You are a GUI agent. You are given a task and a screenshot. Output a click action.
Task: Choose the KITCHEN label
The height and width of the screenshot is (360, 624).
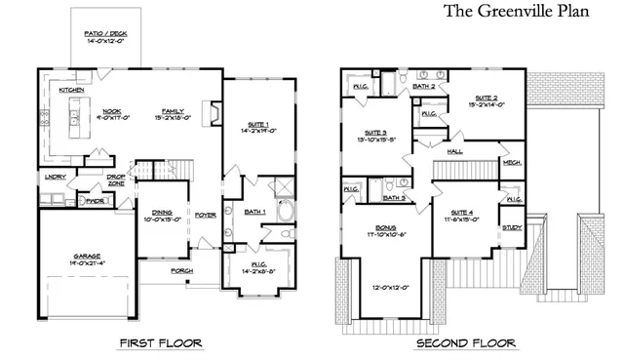click(x=70, y=90)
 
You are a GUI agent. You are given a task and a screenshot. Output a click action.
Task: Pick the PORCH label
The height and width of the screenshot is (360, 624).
click(x=181, y=270)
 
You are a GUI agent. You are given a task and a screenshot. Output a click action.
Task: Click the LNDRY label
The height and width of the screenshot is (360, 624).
click(x=55, y=177)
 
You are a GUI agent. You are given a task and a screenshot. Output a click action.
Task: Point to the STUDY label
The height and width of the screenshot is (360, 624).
click(x=511, y=226)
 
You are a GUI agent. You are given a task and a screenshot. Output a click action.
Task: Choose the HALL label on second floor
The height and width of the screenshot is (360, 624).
click(x=455, y=152)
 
